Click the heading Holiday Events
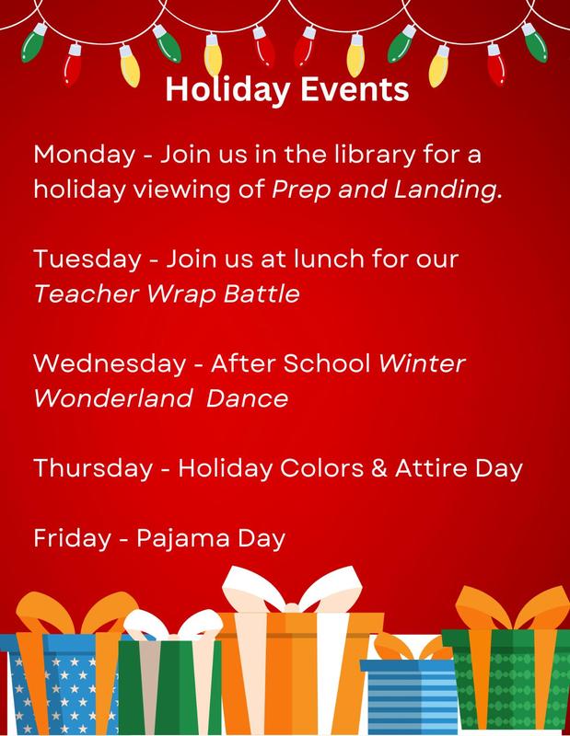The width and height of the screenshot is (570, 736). (x=285, y=92)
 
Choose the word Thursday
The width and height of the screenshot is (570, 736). (x=86, y=469)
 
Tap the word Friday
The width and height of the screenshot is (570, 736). (x=64, y=536)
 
